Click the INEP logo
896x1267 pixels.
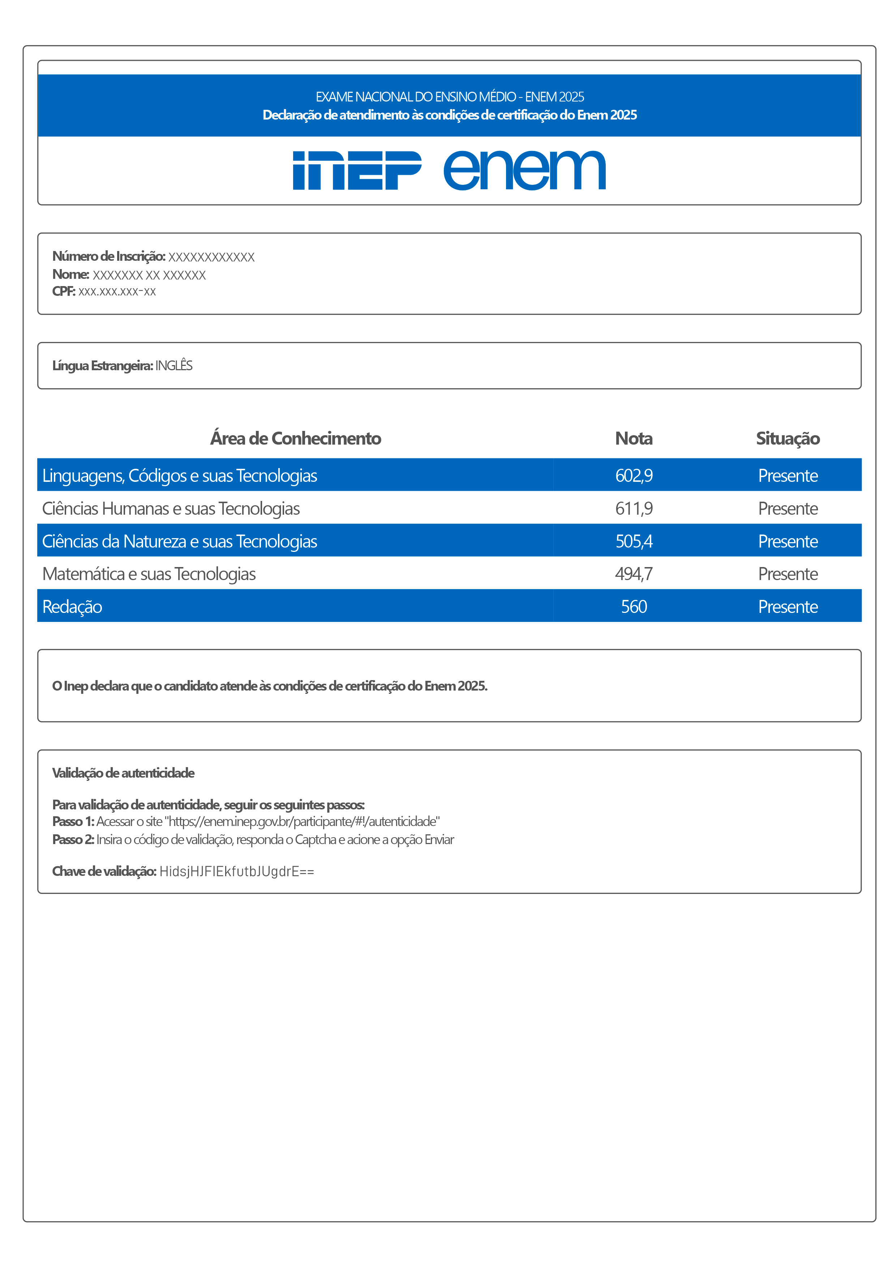click(x=357, y=170)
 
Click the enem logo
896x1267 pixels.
click(x=524, y=170)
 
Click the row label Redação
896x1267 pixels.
click(x=72, y=606)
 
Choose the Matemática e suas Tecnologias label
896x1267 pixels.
click(x=149, y=574)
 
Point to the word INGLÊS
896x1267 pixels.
click(x=174, y=365)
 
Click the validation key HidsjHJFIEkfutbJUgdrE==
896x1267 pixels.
click(x=236, y=872)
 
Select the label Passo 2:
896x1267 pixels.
click(x=73, y=839)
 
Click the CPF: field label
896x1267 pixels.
click(x=64, y=291)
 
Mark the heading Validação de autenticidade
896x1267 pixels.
click(x=123, y=773)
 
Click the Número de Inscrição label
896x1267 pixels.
click(x=109, y=256)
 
